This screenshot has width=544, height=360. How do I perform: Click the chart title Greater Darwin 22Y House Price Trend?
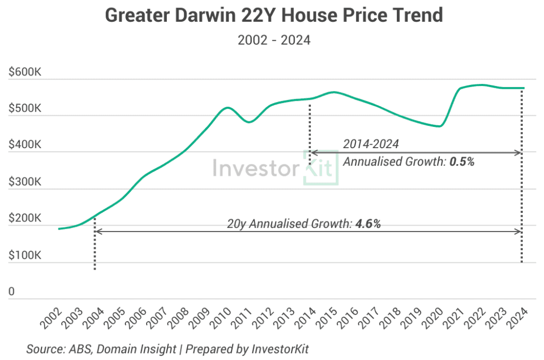(274, 15)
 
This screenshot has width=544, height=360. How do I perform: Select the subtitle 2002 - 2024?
(273, 40)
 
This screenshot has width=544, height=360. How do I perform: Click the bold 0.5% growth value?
(461, 162)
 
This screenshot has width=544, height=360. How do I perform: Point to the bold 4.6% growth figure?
(368, 224)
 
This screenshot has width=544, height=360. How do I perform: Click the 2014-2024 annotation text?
(370, 144)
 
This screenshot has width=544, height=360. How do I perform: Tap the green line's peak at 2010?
(227, 107)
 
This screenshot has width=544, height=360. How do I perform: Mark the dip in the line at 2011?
(249, 122)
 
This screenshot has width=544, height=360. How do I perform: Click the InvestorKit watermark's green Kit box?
(320, 169)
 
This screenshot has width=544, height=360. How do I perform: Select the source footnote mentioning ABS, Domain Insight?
(167, 349)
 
